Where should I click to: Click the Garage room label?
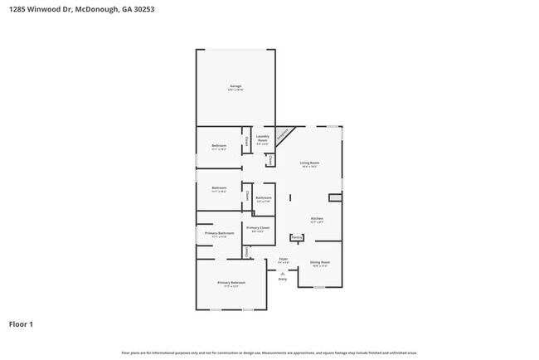[236, 85]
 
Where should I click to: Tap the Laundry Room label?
[262, 138]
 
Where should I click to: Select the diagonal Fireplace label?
[284, 133]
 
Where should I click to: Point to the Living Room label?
[310, 163]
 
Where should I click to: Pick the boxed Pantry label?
[296, 237]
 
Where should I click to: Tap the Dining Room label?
[319, 263]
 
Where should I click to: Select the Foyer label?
[283, 260]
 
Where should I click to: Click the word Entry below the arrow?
[283, 280]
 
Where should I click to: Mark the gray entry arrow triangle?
[283, 272]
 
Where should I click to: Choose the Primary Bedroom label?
[231, 283]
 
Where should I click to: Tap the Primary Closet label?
[258, 227]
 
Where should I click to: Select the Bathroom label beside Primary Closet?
[264, 197]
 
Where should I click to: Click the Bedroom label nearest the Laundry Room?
[219, 146]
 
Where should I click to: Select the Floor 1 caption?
[22, 324]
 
